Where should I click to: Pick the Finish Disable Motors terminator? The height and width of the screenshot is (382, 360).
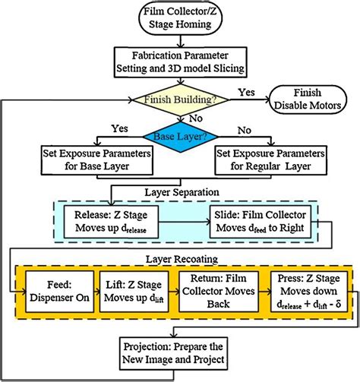pyautogui.click(x=311, y=99)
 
